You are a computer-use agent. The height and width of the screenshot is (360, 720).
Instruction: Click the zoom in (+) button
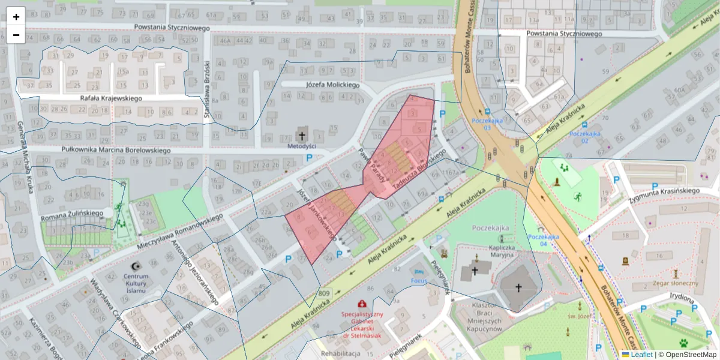tap(16, 16)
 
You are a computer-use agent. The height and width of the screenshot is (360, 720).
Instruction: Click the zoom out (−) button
tap(16, 35)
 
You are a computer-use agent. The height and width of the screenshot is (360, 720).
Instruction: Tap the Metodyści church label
tap(302, 146)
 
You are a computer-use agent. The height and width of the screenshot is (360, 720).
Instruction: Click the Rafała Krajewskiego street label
tap(110, 98)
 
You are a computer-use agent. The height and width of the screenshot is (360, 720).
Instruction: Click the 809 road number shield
tap(324, 293)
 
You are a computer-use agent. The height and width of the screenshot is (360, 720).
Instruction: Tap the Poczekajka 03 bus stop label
tap(486, 124)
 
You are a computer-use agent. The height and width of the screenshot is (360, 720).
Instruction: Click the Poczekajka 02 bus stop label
tap(586, 137)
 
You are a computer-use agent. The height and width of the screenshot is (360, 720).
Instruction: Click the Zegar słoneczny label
tap(676, 283)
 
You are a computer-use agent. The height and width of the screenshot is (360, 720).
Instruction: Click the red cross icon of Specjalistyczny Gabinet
tap(362, 304)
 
